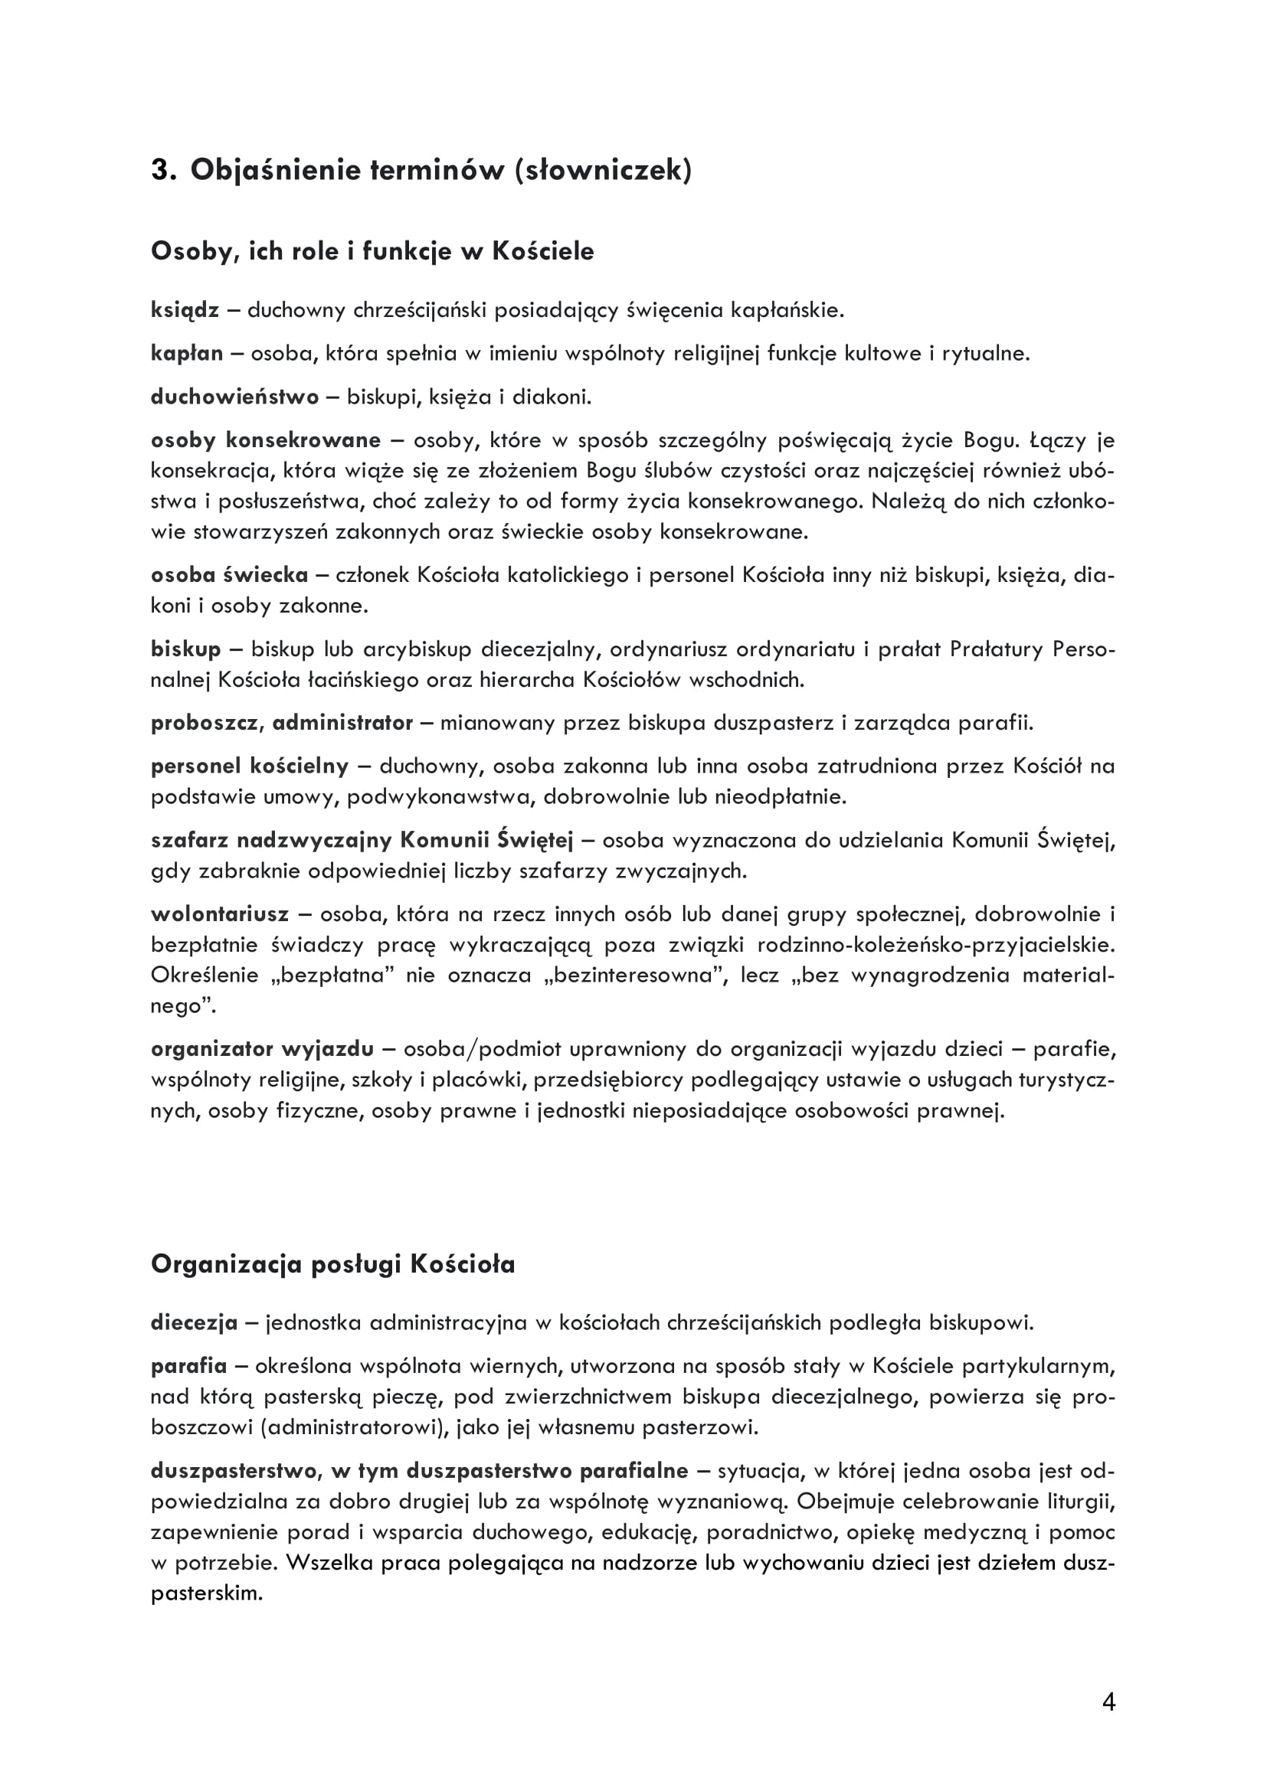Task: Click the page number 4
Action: click(x=1108, y=1702)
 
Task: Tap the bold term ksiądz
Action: click(x=185, y=310)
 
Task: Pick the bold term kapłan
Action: click(x=186, y=353)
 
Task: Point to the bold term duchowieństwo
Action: click(x=235, y=397)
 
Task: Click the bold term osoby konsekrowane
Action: click(x=265, y=440)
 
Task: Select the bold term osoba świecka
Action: click(x=229, y=575)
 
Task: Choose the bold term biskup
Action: click(x=185, y=649)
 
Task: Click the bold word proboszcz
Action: click(x=206, y=723)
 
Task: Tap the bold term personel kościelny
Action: click(x=250, y=766)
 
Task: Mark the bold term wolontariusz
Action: click(x=219, y=913)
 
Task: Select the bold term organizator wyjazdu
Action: click(x=262, y=1049)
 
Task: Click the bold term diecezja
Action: click(x=194, y=1323)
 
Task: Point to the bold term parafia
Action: click(x=188, y=1366)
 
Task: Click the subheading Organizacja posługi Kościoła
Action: click(x=333, y=1263)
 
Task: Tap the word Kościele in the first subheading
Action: click(x=543, y=251)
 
